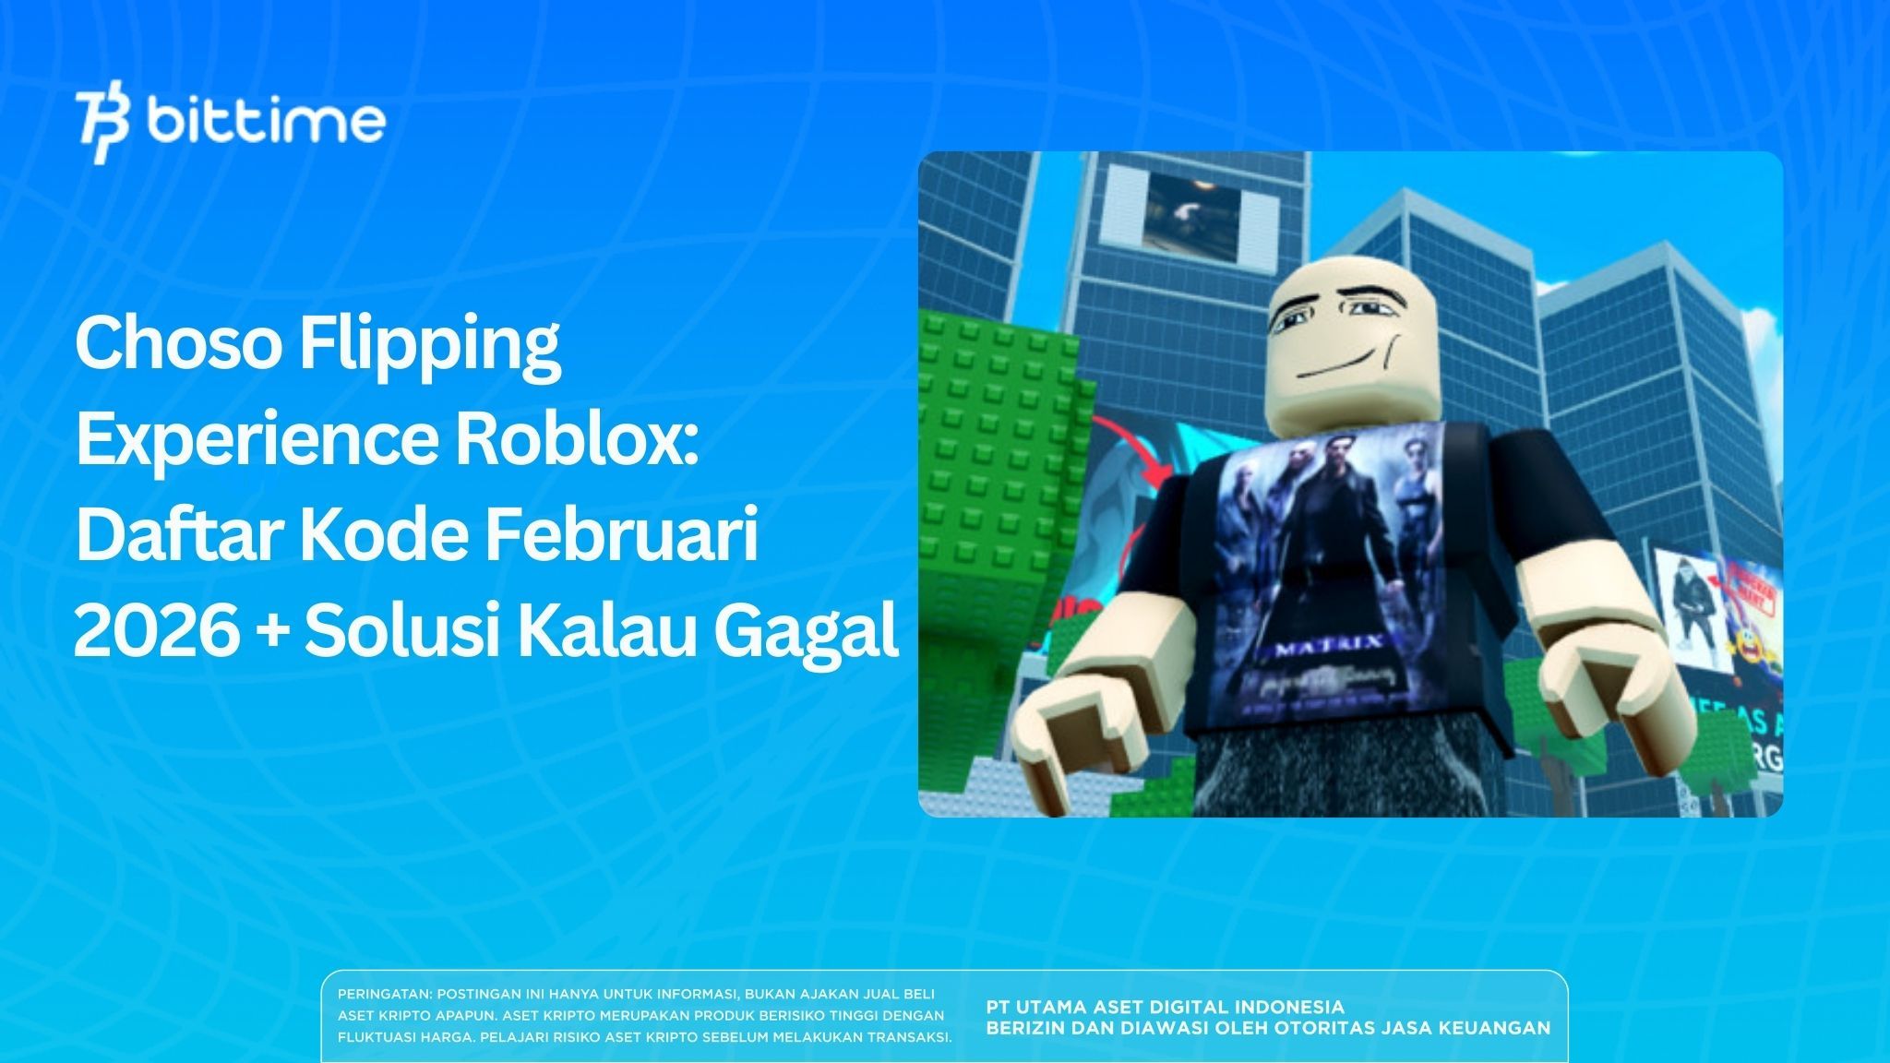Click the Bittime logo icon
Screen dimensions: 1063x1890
102,126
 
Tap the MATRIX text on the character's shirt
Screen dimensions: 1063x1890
1328,646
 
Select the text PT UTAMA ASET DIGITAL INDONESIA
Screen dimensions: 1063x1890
1165,1007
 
